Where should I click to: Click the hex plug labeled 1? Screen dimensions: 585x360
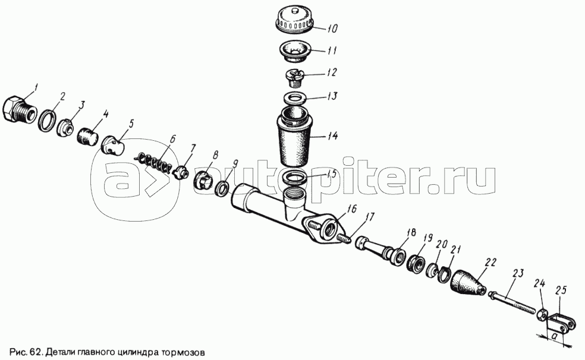20,109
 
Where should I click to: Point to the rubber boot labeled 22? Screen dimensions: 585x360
467,282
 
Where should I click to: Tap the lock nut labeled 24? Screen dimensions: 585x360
542,315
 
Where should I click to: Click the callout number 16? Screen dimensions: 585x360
351,209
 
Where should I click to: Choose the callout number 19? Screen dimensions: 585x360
427,239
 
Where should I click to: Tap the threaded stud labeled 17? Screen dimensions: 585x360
344,238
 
